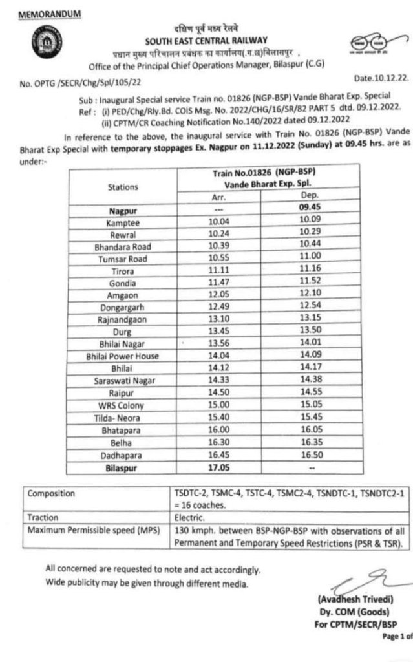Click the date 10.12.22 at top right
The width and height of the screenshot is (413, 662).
[x=382, y=79]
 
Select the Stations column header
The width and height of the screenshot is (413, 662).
[x=122, y=187]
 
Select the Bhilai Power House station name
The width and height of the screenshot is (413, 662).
[x=122, y=356]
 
